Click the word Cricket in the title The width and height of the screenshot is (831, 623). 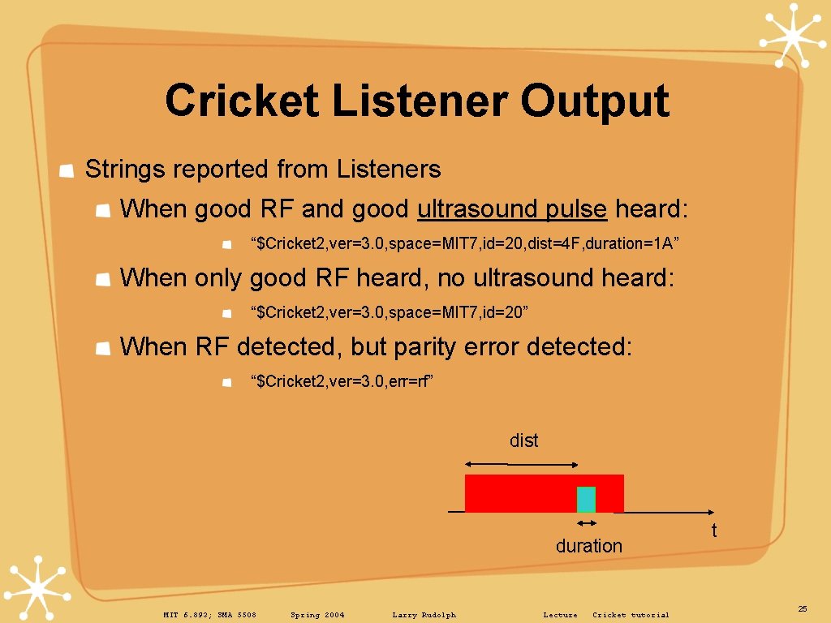tap(241, 101)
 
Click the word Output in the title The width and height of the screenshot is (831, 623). tap(594, 101)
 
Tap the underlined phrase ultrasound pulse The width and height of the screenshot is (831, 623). tap(511, 209)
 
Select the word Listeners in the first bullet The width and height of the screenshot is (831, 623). tap(388, 170)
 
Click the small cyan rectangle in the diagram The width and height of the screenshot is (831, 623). tap(586, 499)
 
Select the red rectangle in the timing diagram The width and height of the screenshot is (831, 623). tap(519, 493)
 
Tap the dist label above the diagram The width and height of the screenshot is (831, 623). tap(523, 440)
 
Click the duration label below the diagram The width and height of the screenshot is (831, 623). tap(588, 546)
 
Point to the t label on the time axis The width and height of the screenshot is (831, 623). tap(714, 531)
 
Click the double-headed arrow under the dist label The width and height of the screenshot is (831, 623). tap(520, 464)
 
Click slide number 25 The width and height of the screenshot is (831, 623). tap(803, 608)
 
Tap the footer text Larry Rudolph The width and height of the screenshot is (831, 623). tap(424, 615)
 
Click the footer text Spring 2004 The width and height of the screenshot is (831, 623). tap(317, 615)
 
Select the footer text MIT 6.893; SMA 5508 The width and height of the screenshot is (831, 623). tap(209, 615)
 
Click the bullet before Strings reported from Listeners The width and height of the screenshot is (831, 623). tap(69, 170)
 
